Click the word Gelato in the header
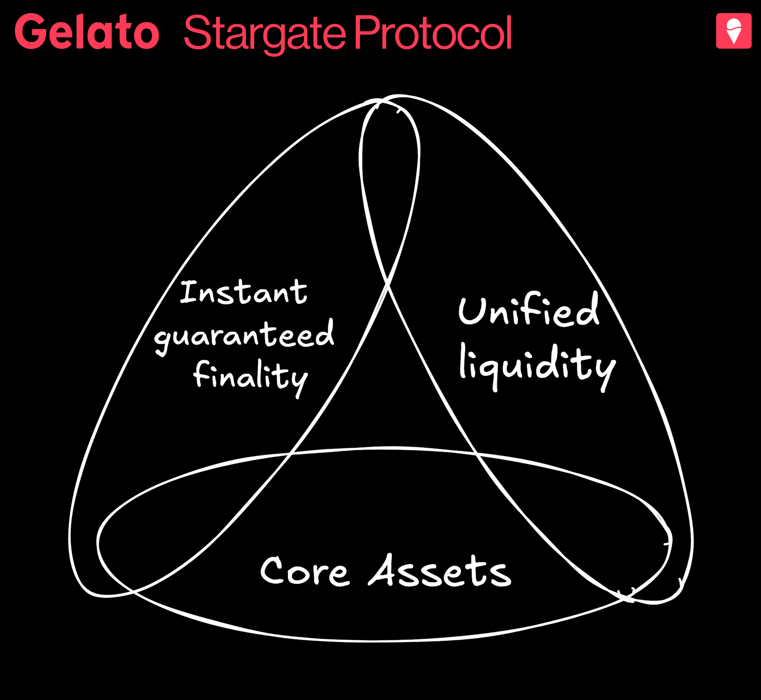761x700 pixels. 87,31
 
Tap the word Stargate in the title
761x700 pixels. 265,34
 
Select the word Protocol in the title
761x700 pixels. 433,32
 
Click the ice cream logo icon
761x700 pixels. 733,31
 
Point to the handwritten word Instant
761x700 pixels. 244,292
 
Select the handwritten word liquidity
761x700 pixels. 538,366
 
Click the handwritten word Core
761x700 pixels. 304,570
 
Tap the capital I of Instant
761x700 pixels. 189,292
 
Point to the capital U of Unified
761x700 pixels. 473,310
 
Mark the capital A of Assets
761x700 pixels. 386,569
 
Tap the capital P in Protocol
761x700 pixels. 367,32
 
